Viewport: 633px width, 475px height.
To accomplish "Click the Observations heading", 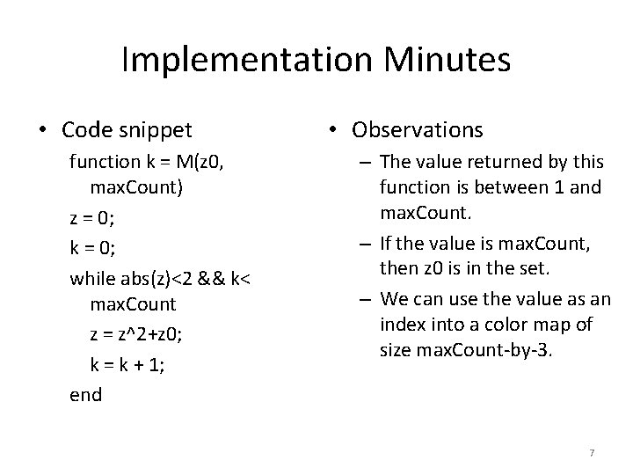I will point(417,130).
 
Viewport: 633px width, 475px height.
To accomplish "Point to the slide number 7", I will point(592,452).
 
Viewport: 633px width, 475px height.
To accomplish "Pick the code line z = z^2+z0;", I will point(141,335).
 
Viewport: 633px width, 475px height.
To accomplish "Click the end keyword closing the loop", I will point(85,395).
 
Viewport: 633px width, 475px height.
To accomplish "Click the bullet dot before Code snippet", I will point(43,131).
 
